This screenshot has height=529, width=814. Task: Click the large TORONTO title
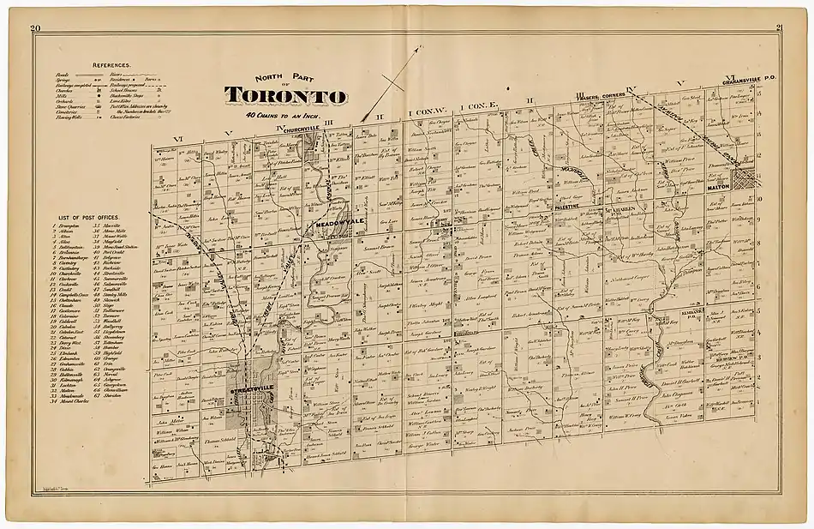point(286,94)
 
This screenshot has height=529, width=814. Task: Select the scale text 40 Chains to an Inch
point(281,114)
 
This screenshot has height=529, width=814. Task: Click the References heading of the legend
point(111,64)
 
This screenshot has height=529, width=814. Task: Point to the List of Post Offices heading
point(83,218)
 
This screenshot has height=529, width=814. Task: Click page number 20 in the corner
point(35,30)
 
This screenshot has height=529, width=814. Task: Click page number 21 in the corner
point(779,28)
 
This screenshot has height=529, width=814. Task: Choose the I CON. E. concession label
point(475,108)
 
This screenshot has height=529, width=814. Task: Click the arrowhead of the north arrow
point(419,50)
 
